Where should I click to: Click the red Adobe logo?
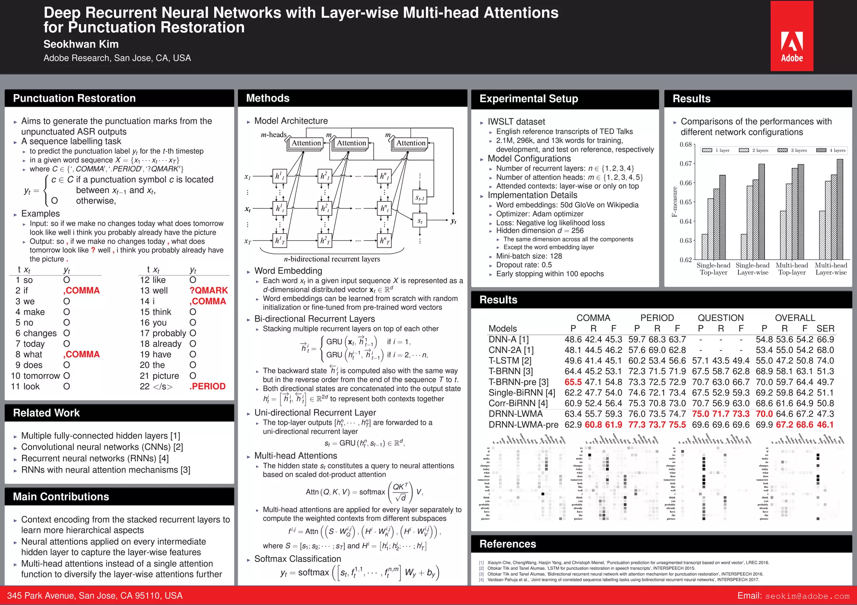click(792, 36)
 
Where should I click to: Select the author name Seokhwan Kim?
click(81, 44)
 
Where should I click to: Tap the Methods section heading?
click(268, 98)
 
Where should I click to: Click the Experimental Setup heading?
click(529, 99)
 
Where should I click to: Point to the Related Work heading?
click(46, 413)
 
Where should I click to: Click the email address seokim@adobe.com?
click(807, 596)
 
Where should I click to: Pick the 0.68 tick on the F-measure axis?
click(685, 145)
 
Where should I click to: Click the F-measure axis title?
click(674, 202)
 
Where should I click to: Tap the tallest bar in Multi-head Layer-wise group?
click(839, 209)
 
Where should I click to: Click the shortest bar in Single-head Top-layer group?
click(705, 247)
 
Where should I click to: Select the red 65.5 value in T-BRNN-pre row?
click(573, 382)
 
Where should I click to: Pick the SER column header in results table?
click(825, 329)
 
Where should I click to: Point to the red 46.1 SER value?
click(825, 425)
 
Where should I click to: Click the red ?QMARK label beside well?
click(208, 291)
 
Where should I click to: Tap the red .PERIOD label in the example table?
click(208, 387)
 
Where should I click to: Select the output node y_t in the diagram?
click(454, 221)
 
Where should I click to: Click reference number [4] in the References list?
click(481, 580)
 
